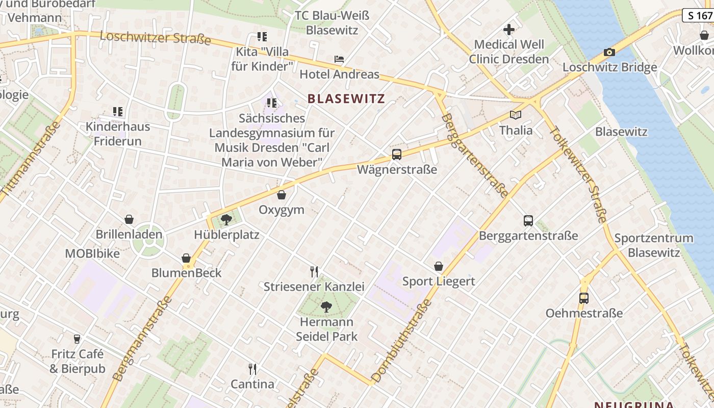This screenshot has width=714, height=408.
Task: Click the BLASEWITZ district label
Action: (x=346, y=98)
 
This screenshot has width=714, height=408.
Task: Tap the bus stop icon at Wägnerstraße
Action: (x=397, y=154)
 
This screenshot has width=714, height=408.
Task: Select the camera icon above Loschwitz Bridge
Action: (x=609, y=52)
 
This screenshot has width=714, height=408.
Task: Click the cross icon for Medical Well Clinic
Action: (x=508, y=30)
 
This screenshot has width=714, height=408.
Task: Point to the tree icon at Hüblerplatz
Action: (x=226, y=220)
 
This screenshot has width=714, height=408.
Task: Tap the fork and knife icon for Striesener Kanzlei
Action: (x=314, y=271)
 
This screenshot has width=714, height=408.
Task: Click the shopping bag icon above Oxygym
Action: (x=282, y=195)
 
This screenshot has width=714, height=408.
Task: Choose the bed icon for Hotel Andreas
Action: (x=339, y=59)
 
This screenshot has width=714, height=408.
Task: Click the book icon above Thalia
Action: (x=516, y=115)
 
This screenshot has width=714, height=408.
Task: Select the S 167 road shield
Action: (x=698, y=15)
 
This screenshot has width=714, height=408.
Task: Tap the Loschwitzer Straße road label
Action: (x=155, y=38)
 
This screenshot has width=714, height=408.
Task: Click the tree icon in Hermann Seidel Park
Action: (x=326, y=307)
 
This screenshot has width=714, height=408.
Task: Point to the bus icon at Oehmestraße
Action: (x=584, y=298)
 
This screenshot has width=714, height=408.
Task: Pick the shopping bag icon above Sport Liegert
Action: (x=439, y=266)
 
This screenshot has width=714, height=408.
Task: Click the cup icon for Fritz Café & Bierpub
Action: (x=77, y=339)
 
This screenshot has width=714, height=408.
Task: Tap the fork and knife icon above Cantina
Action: (x=252, y=369)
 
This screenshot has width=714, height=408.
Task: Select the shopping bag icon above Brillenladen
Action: (x=129, y=219)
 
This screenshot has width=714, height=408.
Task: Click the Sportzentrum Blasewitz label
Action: (x=654, y=245)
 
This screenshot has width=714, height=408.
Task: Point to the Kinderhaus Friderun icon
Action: (x=118, y=111)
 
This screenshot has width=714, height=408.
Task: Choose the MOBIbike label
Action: (x=92, y=253)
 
